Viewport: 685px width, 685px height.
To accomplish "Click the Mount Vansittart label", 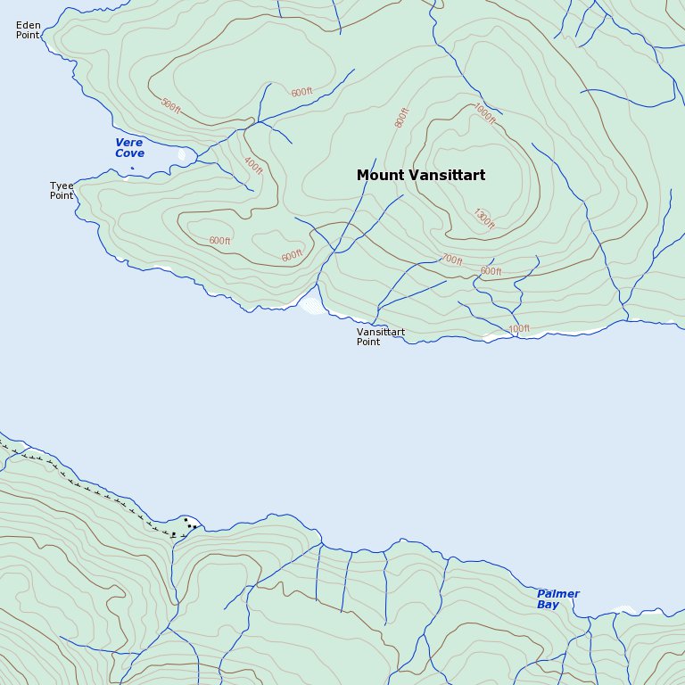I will click(421, 176).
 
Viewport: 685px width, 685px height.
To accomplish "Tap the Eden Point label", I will click(29, 30).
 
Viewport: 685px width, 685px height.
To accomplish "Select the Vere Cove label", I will click(129, 148).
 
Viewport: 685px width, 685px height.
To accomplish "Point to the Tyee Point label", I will click(62, 191).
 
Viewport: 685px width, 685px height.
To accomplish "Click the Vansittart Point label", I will click(381, 336).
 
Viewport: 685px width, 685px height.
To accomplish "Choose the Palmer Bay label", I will click(558, 599).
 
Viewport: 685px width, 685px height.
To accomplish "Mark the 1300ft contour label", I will click(484, 219).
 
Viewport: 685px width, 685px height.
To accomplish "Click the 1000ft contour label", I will click(484, 114).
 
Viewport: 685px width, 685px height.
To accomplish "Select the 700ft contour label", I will click(452, 260).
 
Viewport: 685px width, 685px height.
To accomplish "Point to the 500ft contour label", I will click(170, 105).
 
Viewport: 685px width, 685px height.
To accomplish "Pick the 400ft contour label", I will click(253, 166).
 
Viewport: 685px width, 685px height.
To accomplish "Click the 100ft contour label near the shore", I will click(519, 329).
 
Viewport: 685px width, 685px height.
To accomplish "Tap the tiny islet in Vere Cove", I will click(132, 168).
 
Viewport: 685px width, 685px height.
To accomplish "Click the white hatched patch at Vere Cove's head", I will click(183, 155).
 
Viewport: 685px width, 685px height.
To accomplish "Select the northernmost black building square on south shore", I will click(186, 519).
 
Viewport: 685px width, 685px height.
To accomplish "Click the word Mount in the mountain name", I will click(375, 176).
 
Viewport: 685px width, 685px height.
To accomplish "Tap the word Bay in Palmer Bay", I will click(549, 605).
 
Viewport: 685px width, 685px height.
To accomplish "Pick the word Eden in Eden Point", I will click(28, 25).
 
